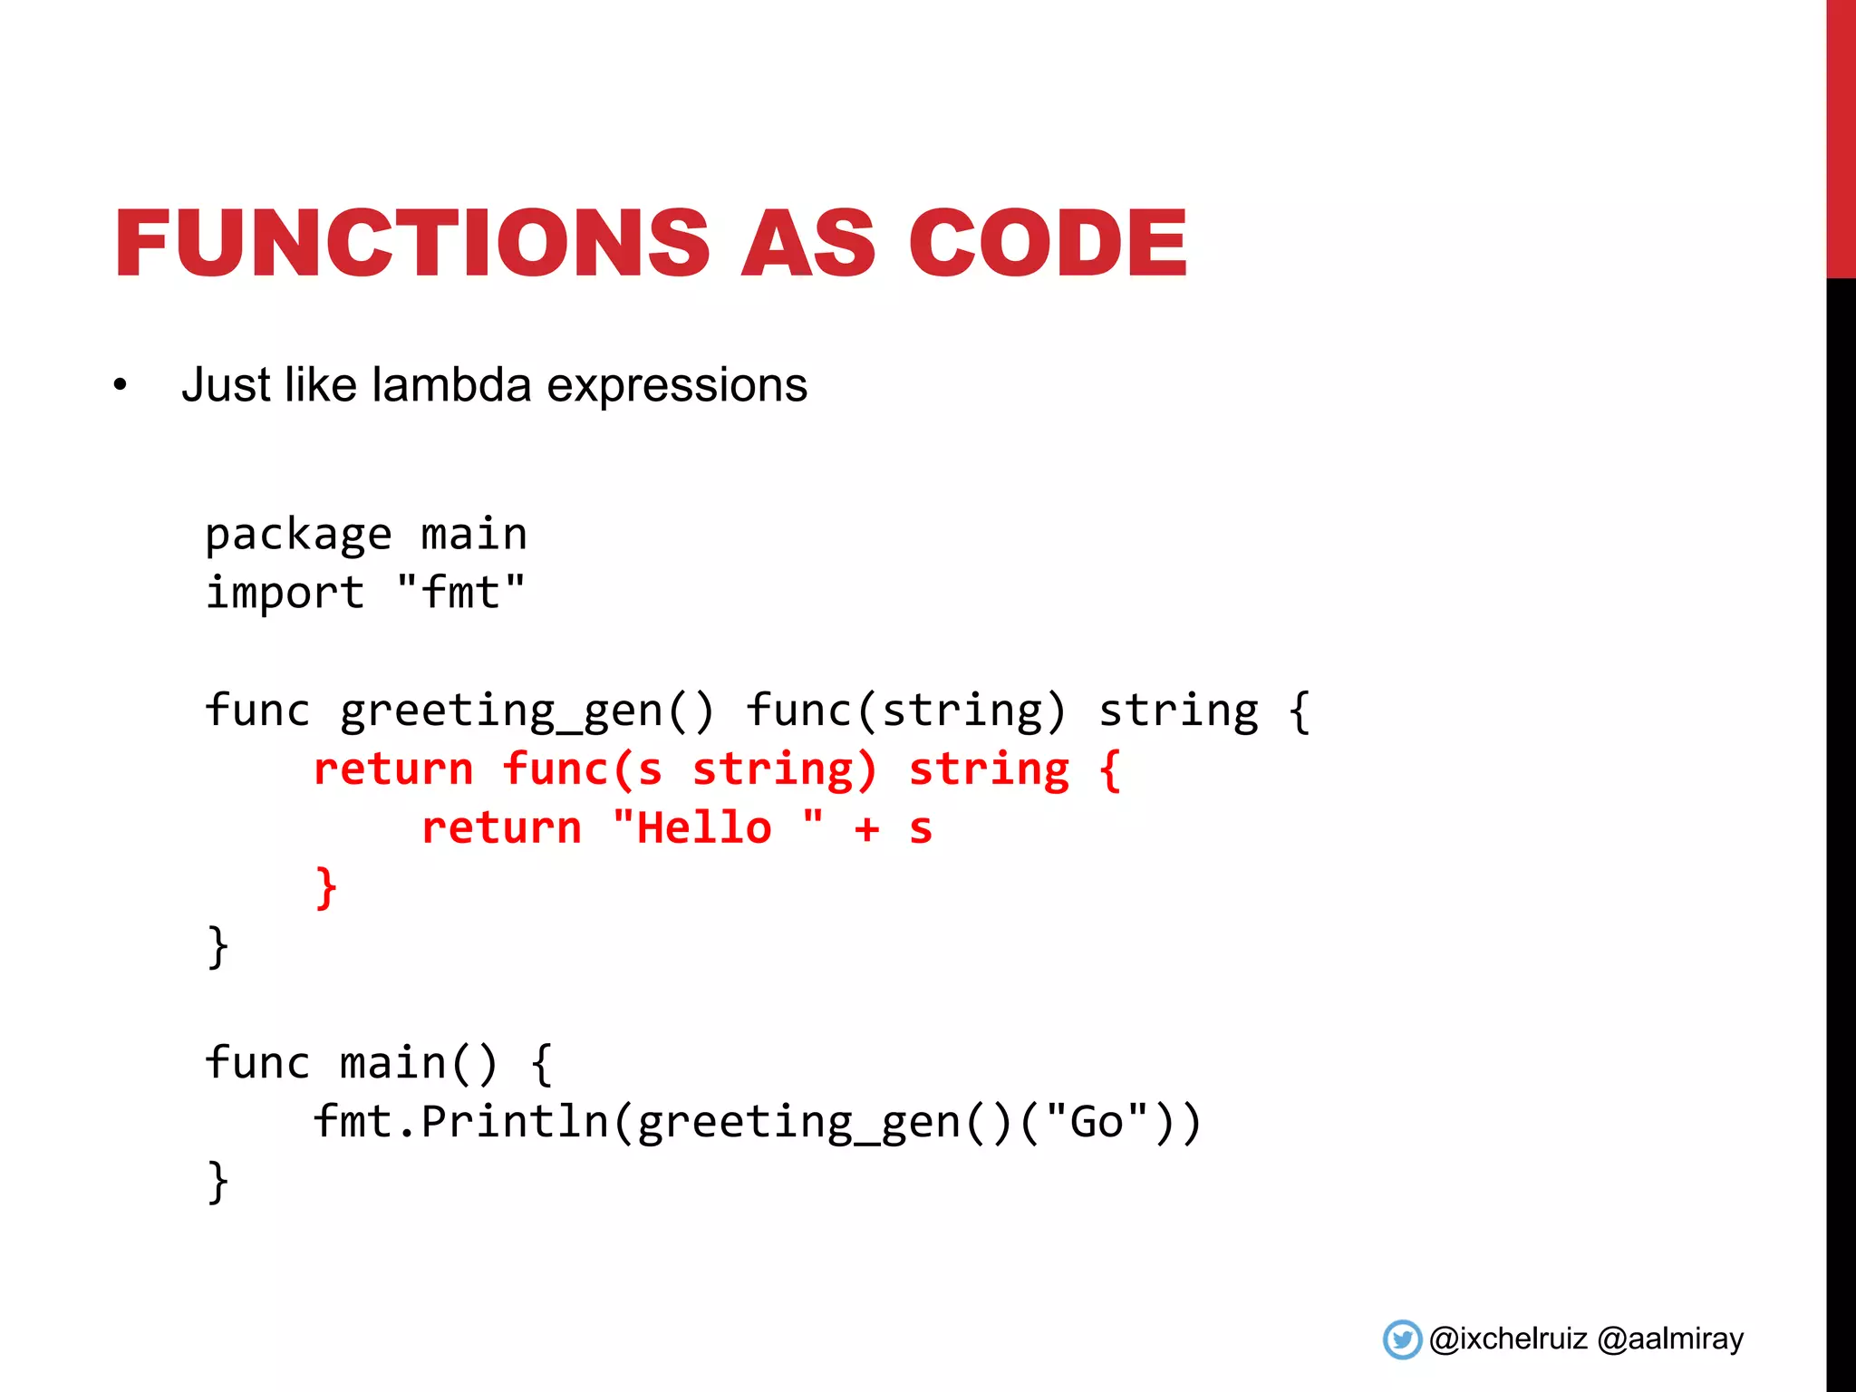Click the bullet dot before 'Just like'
click(121, 386)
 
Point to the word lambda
click(451, 385)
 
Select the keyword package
click(298, 535)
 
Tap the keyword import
click(285, 594)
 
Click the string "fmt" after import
click(460, 593)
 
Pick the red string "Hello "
click(718, 828)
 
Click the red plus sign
click(866, 829)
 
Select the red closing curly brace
click(325, 887)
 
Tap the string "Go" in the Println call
click(1097, 1122)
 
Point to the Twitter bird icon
click(1402, 1339)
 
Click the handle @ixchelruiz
click(1508, 1339)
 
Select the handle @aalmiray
click(1670, 1339)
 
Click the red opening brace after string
click(1110, 770)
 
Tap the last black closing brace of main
click(217, 1182)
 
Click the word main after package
click(474, 535)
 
